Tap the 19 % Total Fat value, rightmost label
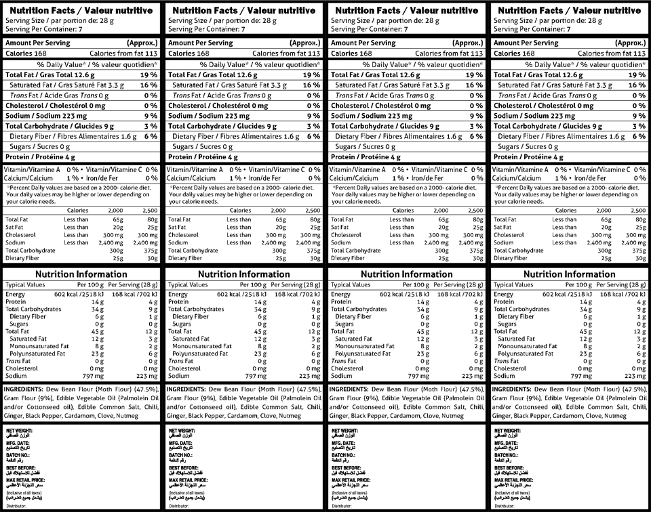[x=636, y=75]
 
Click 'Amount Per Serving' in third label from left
[x=363, y=43]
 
